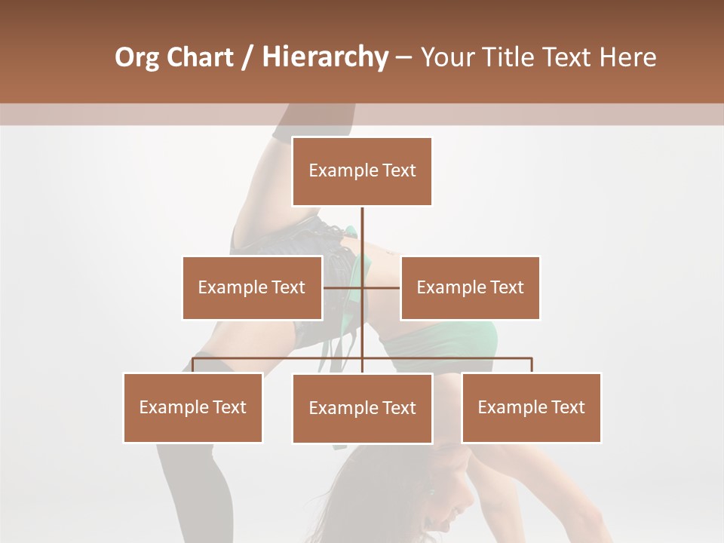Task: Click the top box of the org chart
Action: tap(362, 171)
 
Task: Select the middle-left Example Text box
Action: tap(252, 287)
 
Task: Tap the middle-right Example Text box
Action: tap(470, 287)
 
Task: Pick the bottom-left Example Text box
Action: tap(193, 407)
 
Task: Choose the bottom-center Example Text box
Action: tap(362, 408)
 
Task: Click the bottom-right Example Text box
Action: tap(531, 407)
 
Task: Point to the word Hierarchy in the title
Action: tap(325, 57)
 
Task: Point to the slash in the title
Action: tap(247, 57)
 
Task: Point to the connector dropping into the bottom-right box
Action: tap(531, 365)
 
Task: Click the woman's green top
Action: tap(452, 339)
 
